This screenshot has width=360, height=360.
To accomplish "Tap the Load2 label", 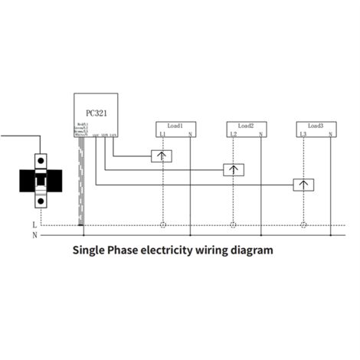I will coord(246,125).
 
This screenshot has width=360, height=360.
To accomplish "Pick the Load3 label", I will coord(316,125).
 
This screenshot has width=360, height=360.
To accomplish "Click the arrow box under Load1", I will coord(162,156).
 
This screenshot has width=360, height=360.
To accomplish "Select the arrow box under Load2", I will coord(233,170).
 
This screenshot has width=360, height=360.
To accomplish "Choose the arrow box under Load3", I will coord(303,185).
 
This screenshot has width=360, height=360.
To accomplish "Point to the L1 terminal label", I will coord(162,135).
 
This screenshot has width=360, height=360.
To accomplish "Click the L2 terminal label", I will coord(233,135).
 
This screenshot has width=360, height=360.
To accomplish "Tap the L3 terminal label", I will coord(303,135).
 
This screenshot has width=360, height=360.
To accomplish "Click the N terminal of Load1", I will coord(190,135).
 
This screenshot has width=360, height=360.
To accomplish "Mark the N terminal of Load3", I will coord(330,135).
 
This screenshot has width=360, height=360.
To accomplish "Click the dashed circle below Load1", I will coord(162,226).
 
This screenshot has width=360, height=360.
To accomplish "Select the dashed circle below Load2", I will coord(233,226).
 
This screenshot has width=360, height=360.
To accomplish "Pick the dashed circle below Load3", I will coord(303,226).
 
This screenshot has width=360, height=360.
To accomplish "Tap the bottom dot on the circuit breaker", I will coord(40,203).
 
